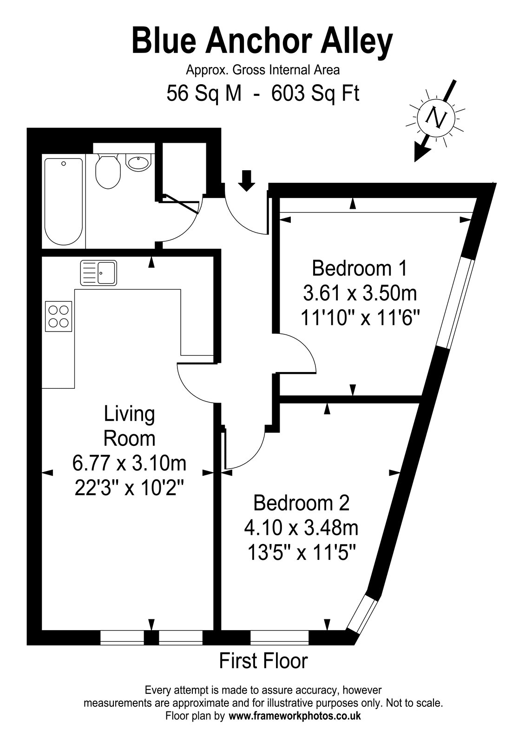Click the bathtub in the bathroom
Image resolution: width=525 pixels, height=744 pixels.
pyautogui.click(x=63, y=201)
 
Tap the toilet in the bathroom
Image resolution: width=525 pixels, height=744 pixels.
pyautogui.click(x=108, y=172)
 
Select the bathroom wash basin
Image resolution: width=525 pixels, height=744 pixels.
pyautogui.click(x=138, y=163)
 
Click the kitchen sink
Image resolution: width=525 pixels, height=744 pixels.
pyautogui.click(x=98, y=272)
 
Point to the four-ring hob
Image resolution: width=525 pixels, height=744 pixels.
pyautogui.click(x=59, y=316)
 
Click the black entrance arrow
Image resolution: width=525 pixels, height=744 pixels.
pyautogui.click(x=246, y=181)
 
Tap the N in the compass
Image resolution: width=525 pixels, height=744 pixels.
pyautogui.click(x=436, y=117)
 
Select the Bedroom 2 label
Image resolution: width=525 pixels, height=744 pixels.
pyautogui.click(x=302, y=503)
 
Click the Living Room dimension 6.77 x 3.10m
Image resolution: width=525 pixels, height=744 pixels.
pyautogui.click(x=129, y=463)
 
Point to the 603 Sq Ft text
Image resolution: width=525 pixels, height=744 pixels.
pyautogui.click(x=315, y=93)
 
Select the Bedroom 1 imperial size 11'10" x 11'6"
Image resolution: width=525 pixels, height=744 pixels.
pyautogui.click(x=361, y=319)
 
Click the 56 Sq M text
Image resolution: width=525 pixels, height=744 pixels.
pyautogui.click(x=204, y=93)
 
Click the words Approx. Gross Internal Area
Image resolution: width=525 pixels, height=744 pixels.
pyautogui.click(x=263, y=70)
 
